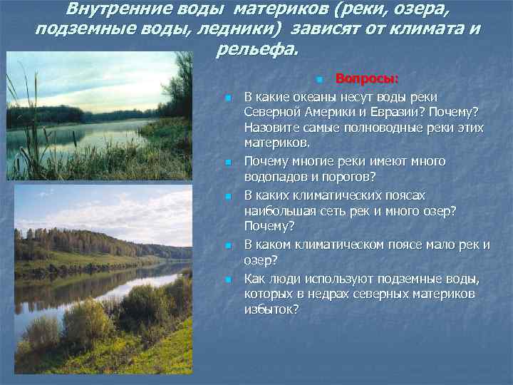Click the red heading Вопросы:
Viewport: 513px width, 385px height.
(367, 78)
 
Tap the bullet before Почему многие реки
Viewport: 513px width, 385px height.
(228, 163)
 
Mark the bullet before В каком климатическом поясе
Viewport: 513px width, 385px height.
(228, 246)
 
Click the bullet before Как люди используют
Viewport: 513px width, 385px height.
(228, 279)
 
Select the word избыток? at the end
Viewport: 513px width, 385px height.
(271, 309)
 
